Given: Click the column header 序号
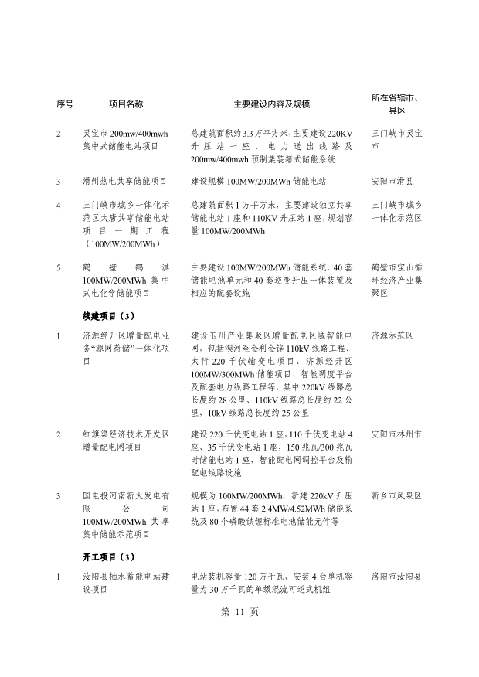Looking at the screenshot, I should (65, 104).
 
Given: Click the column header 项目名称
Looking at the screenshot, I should (126, 104).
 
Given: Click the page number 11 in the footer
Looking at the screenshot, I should (239, 633).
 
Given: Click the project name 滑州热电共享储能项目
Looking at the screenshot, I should (124, 182).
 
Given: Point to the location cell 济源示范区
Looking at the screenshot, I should (392, 336).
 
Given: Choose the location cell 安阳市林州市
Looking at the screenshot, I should (396, 434).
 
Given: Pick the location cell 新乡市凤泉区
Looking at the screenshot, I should (396, 495).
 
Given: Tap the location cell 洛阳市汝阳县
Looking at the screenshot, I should (396, 577).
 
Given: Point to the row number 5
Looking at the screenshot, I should (59, 267).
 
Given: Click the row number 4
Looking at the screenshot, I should (59, 206).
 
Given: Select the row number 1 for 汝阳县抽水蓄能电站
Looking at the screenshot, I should (59, 577).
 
